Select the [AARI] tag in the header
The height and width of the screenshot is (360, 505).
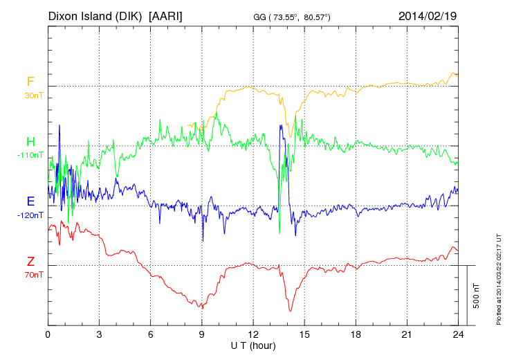[166, 15]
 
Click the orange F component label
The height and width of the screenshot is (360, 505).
[30, 82]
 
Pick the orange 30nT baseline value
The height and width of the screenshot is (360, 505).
[33, 96]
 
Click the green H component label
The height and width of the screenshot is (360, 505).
[30, 142]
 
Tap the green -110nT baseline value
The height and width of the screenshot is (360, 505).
[30, 155]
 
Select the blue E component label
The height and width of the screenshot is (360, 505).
[30, 201]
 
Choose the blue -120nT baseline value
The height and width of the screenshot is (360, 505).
[30, 215]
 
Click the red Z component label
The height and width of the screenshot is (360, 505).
[30, 261]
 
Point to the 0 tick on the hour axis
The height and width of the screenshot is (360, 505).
[48, 334]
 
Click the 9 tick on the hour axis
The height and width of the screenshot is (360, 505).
[202, 334]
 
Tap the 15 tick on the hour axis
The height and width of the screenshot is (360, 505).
[304, 334]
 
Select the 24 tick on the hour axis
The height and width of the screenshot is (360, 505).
[458, 334]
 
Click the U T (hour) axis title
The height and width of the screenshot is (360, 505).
[252, 345]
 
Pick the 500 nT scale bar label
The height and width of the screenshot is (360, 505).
[476, 296]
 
